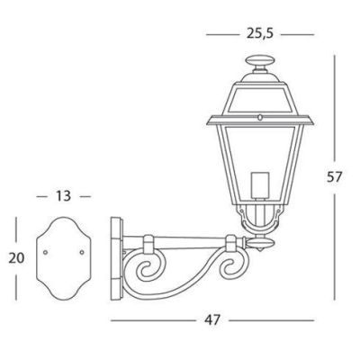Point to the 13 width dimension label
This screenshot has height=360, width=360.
63,195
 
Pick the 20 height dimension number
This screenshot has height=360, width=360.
16,257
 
